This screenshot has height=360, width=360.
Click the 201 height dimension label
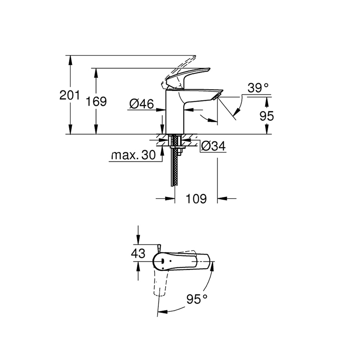(x=69, y=95)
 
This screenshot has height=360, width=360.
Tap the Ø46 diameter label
(x=141, y=104)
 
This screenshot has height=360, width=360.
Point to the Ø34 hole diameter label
(x=213, y=146)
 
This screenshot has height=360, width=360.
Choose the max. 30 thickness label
(x=133, y=155)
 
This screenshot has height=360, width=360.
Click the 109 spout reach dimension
(x=196, y=198)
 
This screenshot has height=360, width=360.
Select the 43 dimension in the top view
(x=138, y=254)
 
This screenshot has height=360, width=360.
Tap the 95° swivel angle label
(x=197, y=299)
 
